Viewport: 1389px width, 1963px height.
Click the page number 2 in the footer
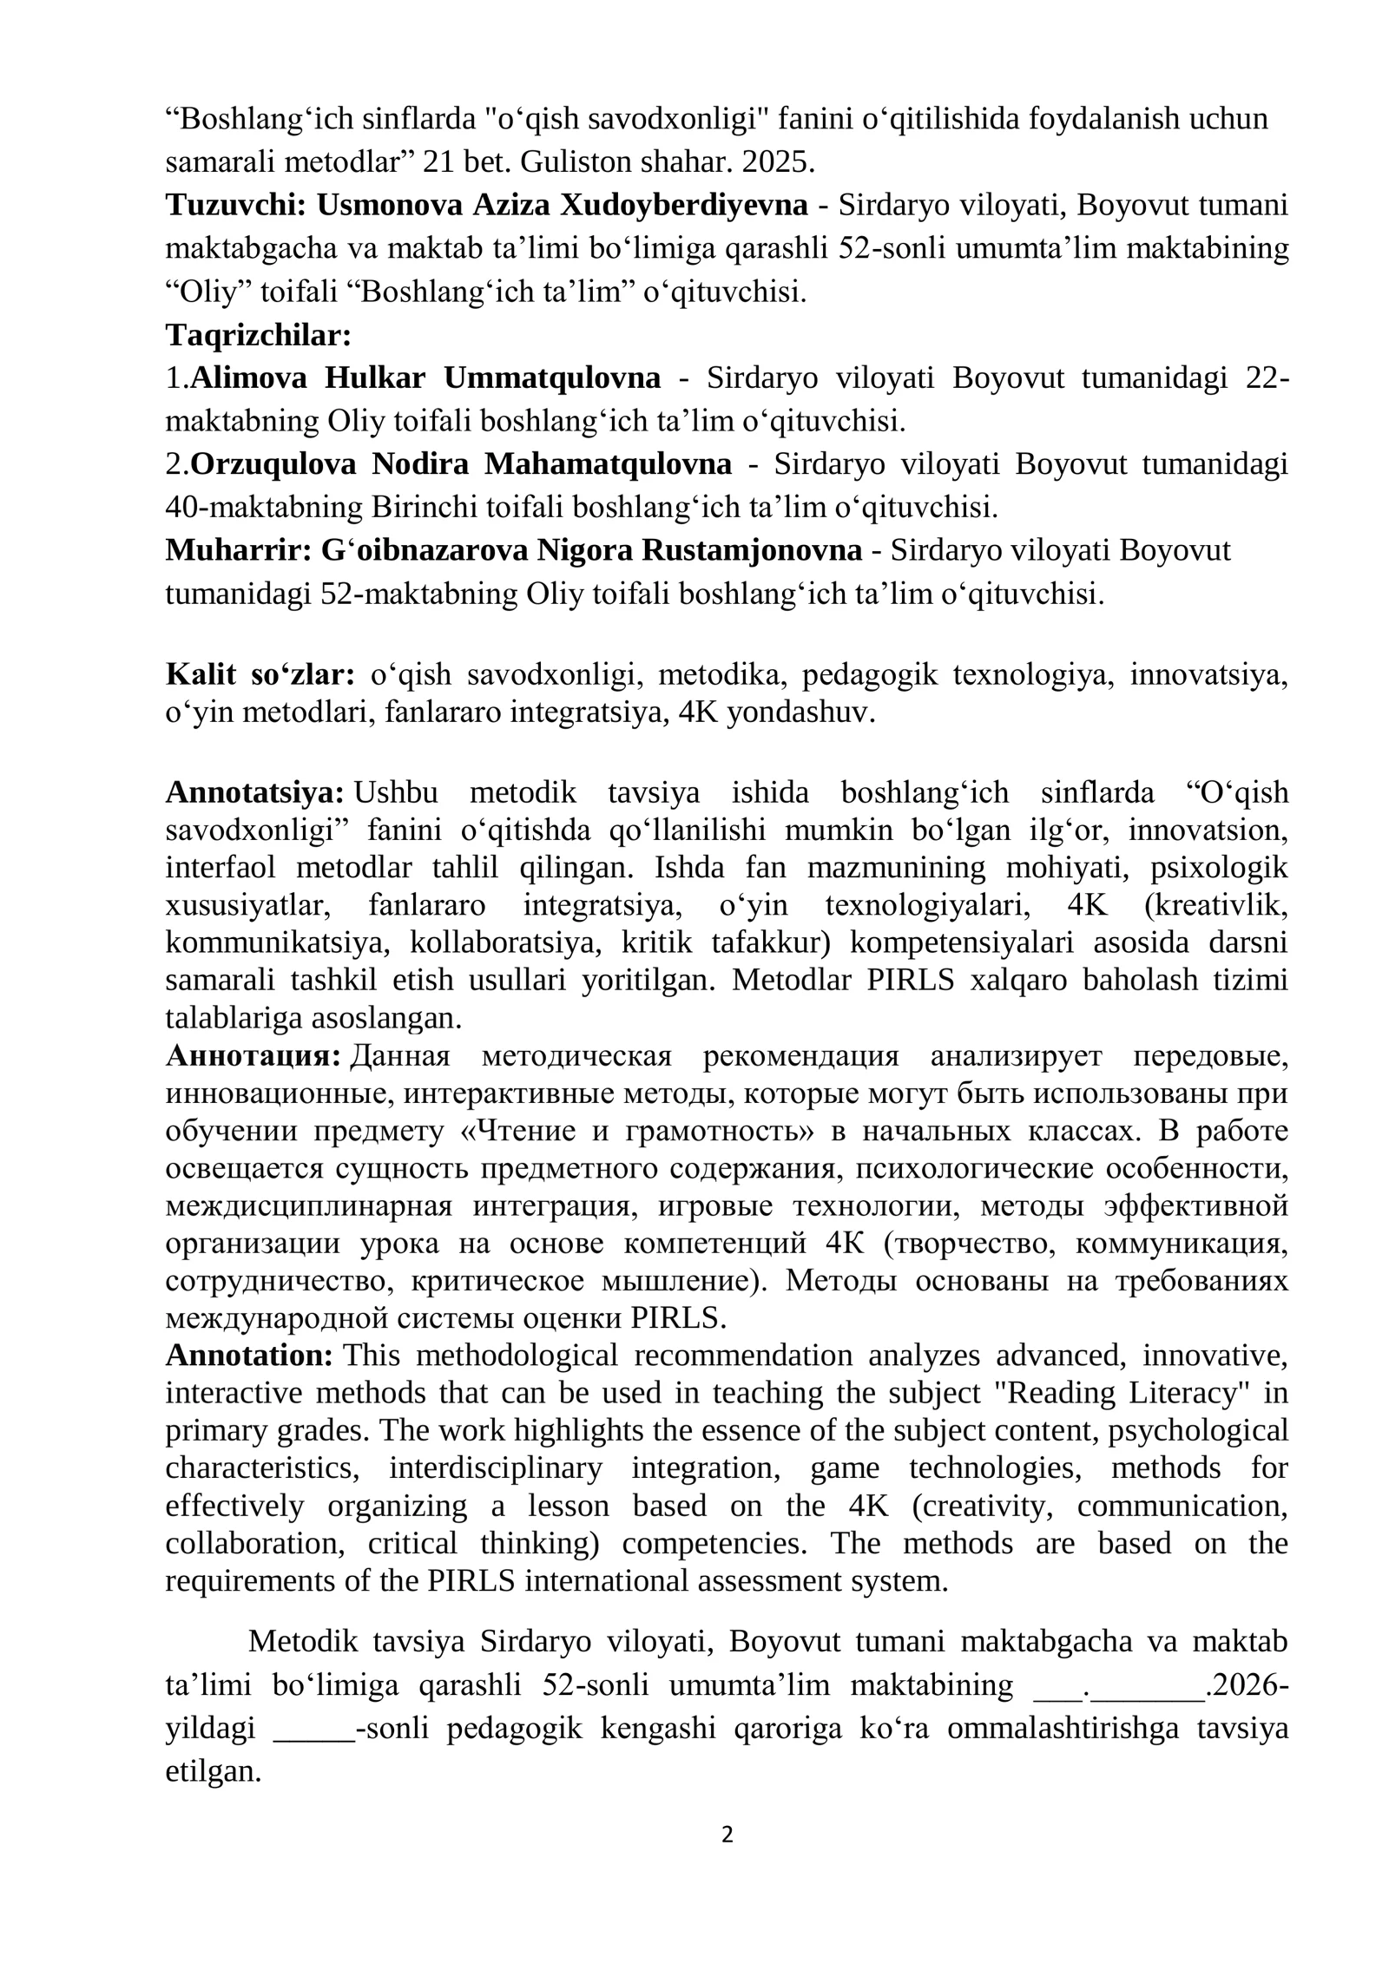click(x=727, y=1835)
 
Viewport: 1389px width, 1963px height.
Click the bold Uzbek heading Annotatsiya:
click(x=255, y=792)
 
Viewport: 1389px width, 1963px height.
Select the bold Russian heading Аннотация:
click(x=253, y=1057)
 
